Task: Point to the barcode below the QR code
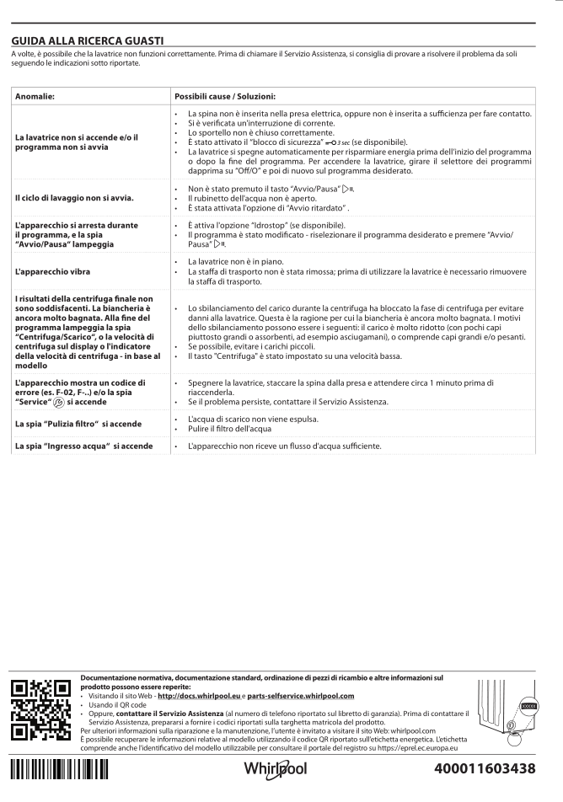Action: (59, 773)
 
